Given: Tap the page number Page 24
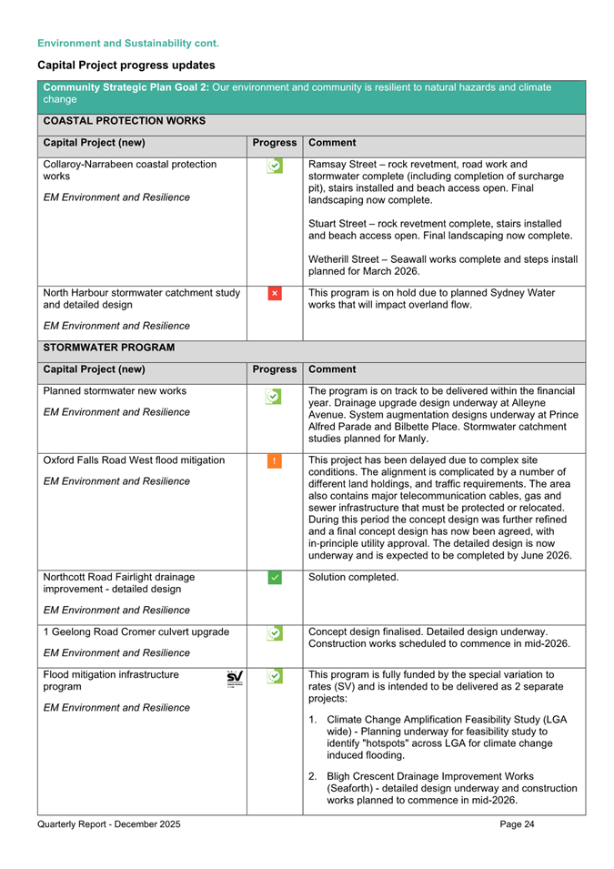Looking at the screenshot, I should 518,824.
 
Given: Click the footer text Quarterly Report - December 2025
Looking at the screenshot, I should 109,824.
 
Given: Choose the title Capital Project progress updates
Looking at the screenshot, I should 126,66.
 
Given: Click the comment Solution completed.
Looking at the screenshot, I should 354,577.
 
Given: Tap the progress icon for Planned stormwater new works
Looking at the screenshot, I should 274,395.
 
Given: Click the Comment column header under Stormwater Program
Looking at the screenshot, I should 333,369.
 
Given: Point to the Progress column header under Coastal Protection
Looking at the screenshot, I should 275,143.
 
